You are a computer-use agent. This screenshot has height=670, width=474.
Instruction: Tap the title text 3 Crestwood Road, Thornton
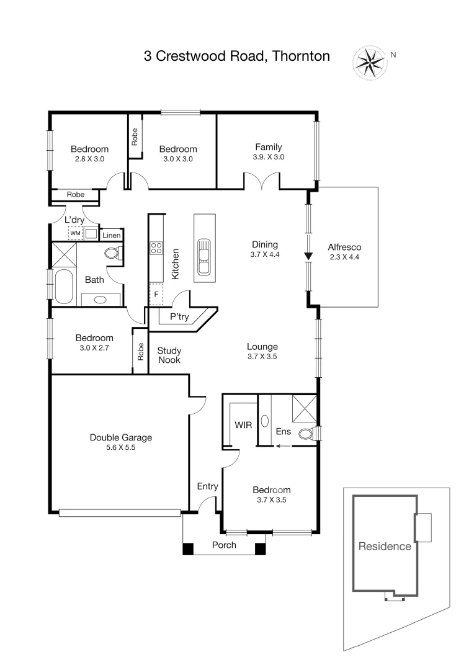[236, 56]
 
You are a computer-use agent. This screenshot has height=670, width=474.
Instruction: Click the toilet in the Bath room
[113, 253]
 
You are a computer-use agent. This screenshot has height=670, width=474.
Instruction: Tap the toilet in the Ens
[306, 433]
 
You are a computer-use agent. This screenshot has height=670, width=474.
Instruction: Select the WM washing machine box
[75, 233]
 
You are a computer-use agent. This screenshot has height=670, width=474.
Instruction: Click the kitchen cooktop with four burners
[156, 249]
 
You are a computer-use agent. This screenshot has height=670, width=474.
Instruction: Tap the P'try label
[179, 316]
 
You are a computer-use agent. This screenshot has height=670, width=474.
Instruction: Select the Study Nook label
[169, 355]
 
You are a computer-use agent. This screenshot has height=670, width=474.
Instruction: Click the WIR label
[243, 425]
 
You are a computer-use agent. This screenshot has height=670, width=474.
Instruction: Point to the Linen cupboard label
[111, 235]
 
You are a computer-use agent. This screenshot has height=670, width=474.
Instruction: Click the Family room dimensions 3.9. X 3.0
[268, 157]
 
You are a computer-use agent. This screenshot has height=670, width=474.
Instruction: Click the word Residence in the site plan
[385, 547]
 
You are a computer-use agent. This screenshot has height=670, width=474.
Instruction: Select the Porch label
[224, 545]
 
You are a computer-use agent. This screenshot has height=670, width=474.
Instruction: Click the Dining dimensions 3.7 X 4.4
[264, 254]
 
